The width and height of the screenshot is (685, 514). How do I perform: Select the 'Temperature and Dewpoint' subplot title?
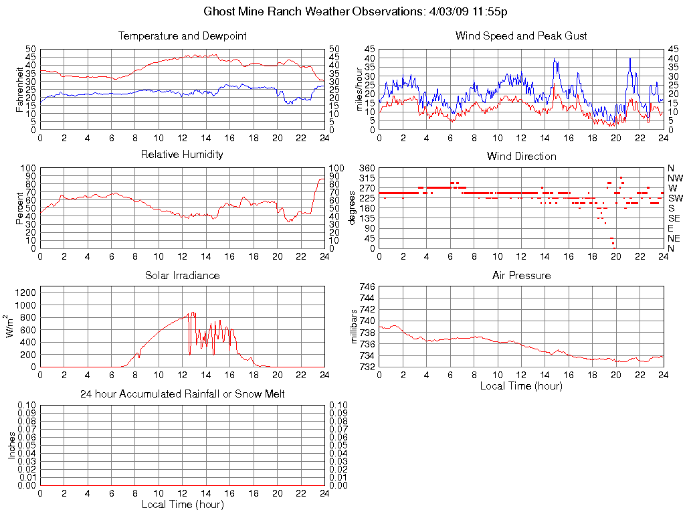tap(182, 35)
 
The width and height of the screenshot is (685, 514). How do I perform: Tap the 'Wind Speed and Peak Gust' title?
tap(521, 35)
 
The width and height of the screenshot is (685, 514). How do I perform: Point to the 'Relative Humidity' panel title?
tap(182, 155)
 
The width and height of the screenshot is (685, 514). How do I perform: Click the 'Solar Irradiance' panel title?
tap(182, 275)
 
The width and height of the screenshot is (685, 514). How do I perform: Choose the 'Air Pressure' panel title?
tap(521, 275)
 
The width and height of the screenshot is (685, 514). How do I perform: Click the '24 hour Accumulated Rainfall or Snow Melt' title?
tap(182, 394)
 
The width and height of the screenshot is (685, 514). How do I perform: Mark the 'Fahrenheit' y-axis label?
tap(21, 89)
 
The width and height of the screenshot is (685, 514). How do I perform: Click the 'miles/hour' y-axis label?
tap(359, 89)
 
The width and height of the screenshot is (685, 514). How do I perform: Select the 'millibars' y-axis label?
tap(355, 326)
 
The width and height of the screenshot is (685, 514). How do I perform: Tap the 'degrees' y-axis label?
tap(352, 207)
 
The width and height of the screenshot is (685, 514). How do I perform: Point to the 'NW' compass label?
tap(675, 178)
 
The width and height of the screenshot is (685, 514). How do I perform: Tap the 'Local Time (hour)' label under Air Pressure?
tap(521, 385)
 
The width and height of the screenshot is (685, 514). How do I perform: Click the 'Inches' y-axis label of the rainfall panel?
tap(12, 445)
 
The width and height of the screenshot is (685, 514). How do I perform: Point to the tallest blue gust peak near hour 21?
tap(629, 59)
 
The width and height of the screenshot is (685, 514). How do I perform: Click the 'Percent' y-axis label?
tap(21, 207)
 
